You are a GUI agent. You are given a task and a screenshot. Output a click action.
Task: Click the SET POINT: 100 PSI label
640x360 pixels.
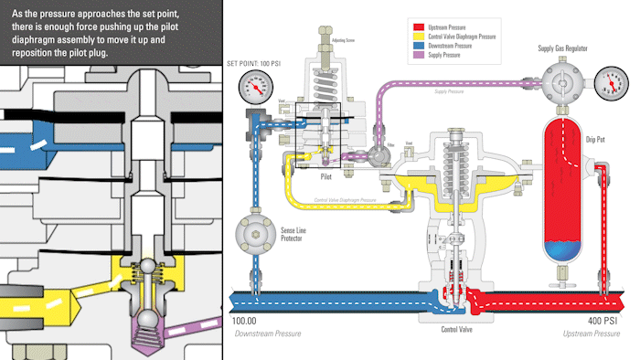253,63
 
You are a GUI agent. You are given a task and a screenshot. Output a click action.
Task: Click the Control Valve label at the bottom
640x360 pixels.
456,330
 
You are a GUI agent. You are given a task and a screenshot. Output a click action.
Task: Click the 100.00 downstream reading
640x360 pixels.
244,322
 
